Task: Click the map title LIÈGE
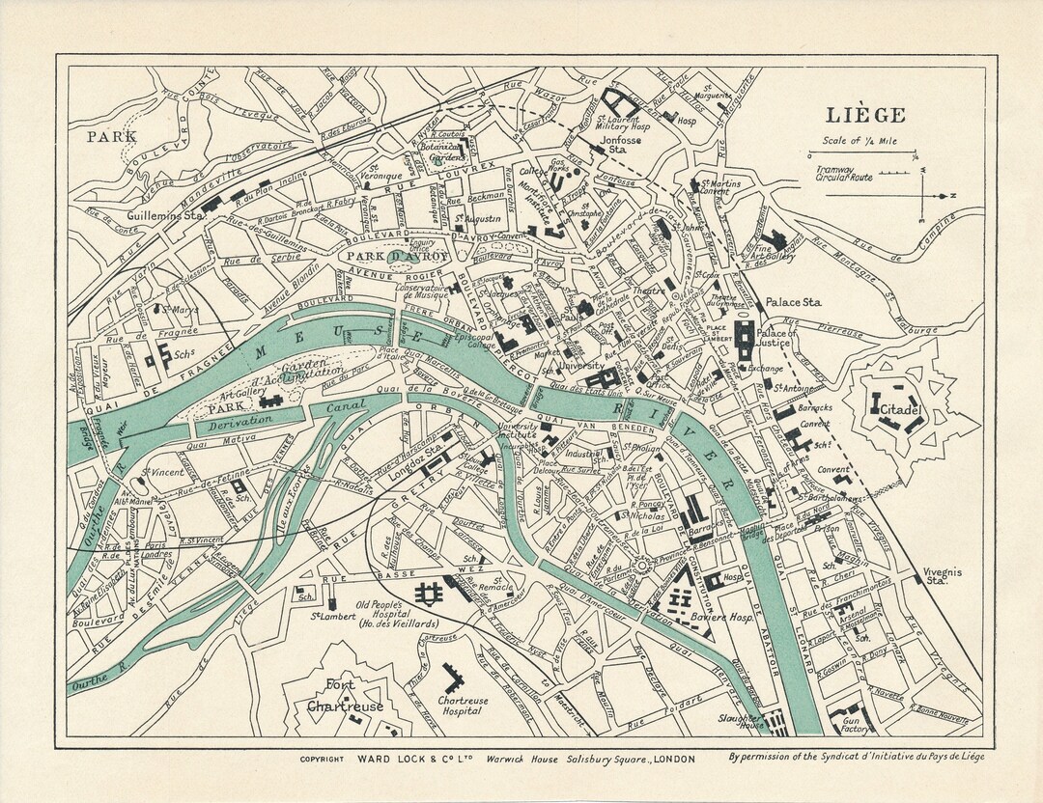pos(865,116)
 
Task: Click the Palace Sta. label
pos(793,302)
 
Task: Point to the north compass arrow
pos(937,193)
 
